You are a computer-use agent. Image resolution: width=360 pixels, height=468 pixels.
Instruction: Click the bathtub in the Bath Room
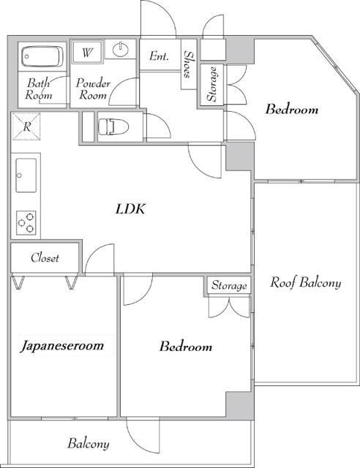pos(42,56)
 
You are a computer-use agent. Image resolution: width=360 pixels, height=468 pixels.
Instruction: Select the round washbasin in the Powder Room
pos(121,49)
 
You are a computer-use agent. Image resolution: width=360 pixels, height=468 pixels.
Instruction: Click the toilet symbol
pos(113,127)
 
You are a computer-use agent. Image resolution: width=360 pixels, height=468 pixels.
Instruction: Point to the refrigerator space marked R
pos(26,127)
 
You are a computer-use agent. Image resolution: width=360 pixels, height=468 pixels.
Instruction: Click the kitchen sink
pos(26,175)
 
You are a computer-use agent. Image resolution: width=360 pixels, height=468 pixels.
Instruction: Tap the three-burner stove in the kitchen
pos(26,222)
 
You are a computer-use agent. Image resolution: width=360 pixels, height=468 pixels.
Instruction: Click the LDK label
pos(130,209)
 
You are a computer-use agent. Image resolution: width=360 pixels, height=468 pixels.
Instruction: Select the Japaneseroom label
pos(62,346)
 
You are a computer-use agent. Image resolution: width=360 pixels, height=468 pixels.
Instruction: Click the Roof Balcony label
pos(305,282)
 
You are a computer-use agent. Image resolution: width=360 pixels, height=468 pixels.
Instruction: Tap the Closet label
pos(45,257)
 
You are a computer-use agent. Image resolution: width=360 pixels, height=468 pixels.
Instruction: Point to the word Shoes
pos(188,64)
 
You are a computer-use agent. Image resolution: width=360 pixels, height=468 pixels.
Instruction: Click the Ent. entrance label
pos(160,56)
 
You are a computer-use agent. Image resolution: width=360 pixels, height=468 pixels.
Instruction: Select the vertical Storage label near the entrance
pos(211,84)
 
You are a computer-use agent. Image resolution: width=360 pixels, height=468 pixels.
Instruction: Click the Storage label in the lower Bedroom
pos(229,286)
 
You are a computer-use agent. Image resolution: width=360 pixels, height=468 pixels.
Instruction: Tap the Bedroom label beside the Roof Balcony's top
pos(292,109)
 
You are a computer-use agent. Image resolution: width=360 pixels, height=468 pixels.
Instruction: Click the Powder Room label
pos(93,89)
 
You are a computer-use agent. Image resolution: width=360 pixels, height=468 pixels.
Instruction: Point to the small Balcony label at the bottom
pos(88,444)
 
